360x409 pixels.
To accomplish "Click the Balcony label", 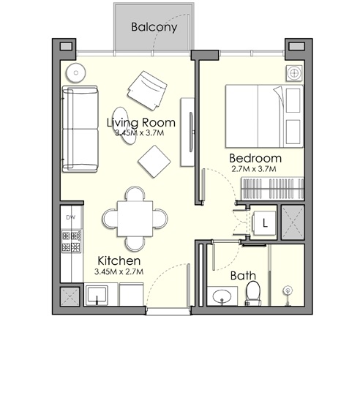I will (154, 28).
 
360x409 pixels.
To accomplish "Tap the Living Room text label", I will (140, 122).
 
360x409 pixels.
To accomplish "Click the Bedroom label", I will (255, 158).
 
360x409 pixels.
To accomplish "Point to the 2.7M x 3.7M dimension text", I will (255, 170).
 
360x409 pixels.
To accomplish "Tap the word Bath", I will (242, 276).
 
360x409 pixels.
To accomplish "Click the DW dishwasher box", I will (71, 218).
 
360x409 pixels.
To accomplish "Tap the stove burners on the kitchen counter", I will (72, 242).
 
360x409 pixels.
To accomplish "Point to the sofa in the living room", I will (79, 127).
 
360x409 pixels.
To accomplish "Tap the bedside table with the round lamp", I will (294, 73).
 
